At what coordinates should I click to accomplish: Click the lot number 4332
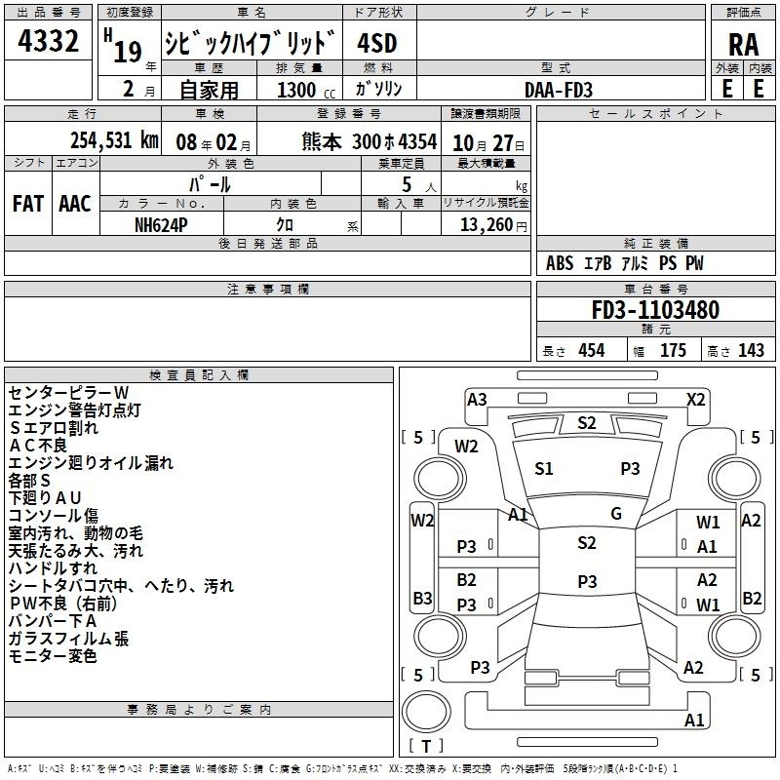click(x=48, y=41)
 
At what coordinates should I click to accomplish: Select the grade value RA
click(x=743, y=45)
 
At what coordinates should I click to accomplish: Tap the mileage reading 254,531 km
click(x=114, y=140)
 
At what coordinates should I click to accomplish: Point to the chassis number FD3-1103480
click(x=655, y=310)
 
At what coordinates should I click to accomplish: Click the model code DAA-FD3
click(x=558, y=90)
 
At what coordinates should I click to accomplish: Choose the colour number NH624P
click(x=161, y=225)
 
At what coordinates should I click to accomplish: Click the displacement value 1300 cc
click(x=306, y=90)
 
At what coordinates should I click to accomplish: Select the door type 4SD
click(x=377, y=44)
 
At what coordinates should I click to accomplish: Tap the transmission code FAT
click(x=28, y=204)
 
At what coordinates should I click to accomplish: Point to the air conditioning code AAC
click(x=75, y=204)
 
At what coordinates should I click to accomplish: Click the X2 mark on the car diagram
click(x=695, y=400)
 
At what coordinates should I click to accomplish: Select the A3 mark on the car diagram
click(x=477, y=400)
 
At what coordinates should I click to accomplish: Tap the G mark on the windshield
click(x=616, y=514)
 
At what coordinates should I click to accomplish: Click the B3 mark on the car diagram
click(x=422, y=598)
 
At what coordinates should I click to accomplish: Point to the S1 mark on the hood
click(x=543, y=469)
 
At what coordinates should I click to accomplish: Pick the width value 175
click(x=673, y=350)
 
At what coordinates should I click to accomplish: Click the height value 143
click(x=751, y=350)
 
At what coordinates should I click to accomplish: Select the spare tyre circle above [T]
click(x=426, y=712)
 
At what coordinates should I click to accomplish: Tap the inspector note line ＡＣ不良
click(x=38, y=446)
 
